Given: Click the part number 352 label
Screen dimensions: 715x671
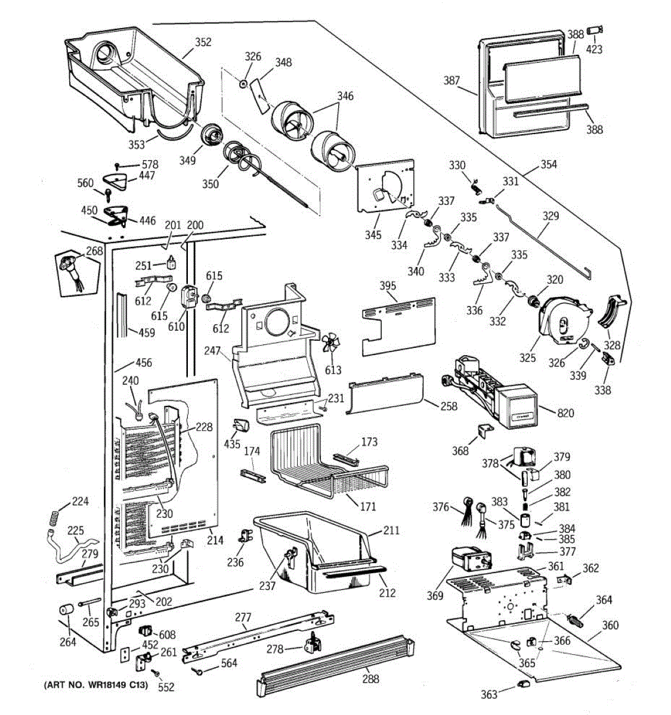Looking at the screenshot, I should coord(203,42).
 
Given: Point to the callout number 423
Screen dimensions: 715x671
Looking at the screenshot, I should coord(594,49).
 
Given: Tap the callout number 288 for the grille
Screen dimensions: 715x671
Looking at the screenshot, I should coord(370,679).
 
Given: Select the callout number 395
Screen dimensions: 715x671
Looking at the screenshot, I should coord(388,286).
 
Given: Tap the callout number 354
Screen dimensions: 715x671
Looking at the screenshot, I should coord(549,164).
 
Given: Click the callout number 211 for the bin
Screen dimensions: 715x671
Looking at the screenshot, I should coord(391,530).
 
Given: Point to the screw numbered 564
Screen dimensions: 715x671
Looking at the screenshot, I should coord(197,672).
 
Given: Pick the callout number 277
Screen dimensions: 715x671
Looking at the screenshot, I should coord(243,617).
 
